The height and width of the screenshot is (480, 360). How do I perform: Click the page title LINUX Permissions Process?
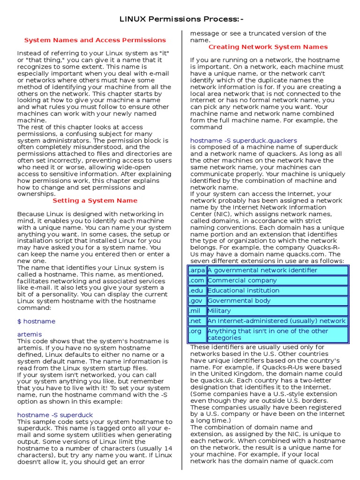point(182,19)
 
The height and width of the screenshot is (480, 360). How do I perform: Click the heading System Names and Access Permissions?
point(95,40)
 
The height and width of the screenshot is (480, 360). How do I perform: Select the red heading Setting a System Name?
point(95,200)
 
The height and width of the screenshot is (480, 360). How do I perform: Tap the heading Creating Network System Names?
point(268,47)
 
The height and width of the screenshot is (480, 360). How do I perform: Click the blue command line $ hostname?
point(36,321)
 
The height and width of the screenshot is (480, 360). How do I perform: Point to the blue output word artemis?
point(30,334)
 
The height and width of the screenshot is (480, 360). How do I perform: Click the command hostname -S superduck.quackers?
point(243,140)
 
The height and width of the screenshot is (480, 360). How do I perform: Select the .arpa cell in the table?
point(197,270)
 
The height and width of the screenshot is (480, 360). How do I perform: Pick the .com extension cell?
point(197,280)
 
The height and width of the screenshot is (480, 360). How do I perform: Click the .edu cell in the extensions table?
point(197,291)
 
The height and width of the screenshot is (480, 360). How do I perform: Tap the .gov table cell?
point(197,300)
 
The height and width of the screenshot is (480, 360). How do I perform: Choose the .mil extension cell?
point(197,311)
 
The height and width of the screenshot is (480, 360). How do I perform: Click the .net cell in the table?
point(197,321)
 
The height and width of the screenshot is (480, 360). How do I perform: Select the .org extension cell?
point(197,334)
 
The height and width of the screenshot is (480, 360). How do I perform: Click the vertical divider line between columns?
point(181,248)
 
